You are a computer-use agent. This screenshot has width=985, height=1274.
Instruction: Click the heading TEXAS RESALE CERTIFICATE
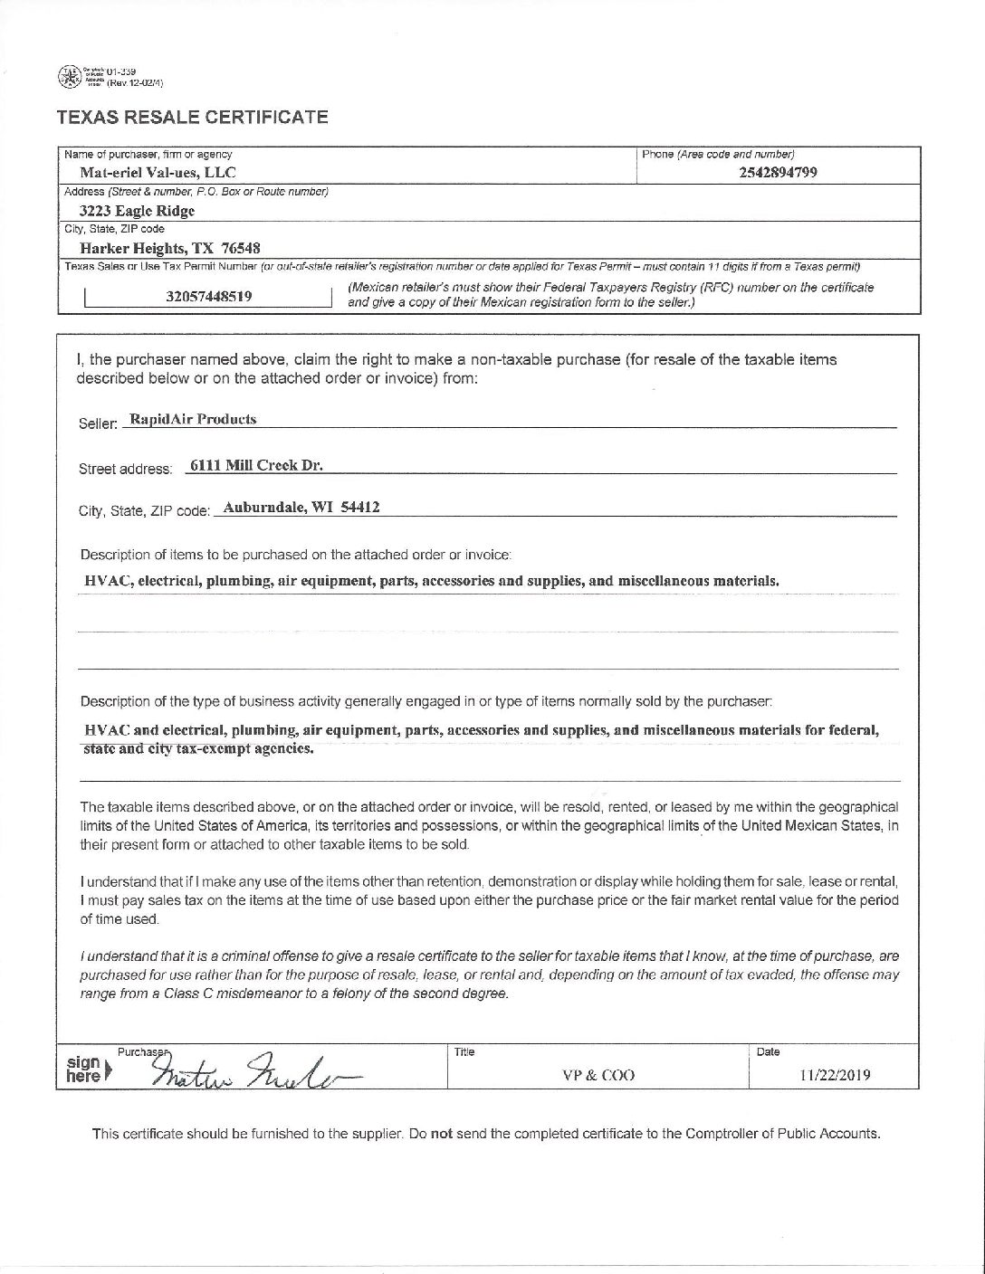tap(191, 117)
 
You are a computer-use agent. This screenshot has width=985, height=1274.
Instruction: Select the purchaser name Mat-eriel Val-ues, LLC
tap(159, 172)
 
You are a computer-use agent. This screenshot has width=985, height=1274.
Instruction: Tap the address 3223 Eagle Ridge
tap(137, 211)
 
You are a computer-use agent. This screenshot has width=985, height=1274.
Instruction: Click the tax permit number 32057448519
tap(209, 295)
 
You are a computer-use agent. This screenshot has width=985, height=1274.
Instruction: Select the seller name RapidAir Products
tap(193, 419)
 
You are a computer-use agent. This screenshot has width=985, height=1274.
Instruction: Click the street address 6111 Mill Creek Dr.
tap(256, 466)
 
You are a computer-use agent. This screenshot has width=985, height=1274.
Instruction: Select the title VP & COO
tap(598, 1076)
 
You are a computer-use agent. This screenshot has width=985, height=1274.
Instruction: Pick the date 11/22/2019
tap(835, 1076)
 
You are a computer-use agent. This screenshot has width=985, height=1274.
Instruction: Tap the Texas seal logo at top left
tap(67, 76)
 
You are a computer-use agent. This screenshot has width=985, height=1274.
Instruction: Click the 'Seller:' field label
tap(99, 423)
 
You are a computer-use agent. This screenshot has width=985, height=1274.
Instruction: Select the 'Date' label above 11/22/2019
tap(768, 1052)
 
